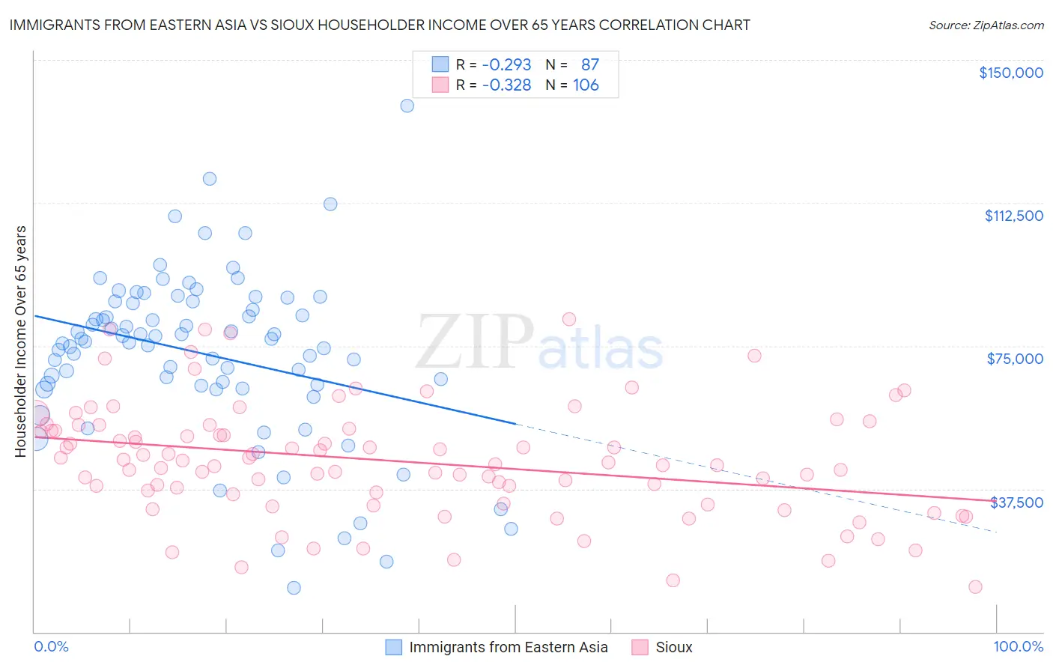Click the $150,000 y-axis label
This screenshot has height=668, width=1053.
(1010, 73)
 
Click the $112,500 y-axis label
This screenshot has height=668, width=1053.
(1013, 216)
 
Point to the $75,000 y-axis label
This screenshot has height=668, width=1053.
(1015, 359)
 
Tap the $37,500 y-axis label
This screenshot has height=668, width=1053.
(1016, 502)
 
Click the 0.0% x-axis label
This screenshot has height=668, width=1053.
(51, 646)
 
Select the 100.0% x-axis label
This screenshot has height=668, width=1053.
(1018, 646)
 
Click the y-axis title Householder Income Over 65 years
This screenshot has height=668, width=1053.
(20, 341)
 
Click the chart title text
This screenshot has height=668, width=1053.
(380, 25)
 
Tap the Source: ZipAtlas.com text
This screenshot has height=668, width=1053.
(986, 25)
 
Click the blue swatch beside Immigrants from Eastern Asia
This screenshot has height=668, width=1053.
(394, 647)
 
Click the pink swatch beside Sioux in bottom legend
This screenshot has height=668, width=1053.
(640, 647)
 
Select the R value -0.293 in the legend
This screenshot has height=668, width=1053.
(506, 64)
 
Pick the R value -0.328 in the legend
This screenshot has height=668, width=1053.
(506, 85)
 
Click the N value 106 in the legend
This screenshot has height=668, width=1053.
(586, 85)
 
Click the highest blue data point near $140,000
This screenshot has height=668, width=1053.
(407, 106)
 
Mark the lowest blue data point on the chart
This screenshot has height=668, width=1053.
(294, 588)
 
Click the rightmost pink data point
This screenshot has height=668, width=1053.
(975, 587)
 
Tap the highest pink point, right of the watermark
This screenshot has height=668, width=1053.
(569, 319)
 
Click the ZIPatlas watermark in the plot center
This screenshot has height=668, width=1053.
(539, 342)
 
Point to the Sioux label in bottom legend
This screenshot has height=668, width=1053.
(674, 647)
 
